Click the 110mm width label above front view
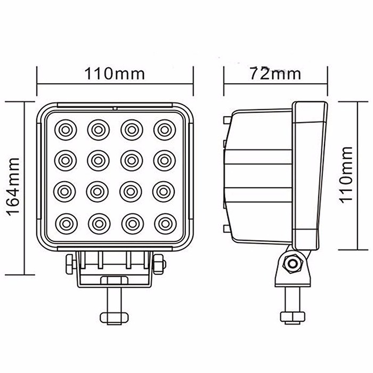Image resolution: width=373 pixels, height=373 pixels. click(115, 74)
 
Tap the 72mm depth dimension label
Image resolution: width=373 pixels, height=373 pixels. click(274, 74)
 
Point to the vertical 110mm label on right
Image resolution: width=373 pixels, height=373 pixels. click(347, 173)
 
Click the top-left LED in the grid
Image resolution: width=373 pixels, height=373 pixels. click(65, 128)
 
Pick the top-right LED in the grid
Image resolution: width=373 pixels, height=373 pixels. click(163, 128)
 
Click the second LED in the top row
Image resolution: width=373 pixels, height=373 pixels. click(98, 128)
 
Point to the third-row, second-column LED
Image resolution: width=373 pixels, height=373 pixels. click(98, 190)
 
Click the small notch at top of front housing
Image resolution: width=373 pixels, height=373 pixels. click(115, 109)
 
